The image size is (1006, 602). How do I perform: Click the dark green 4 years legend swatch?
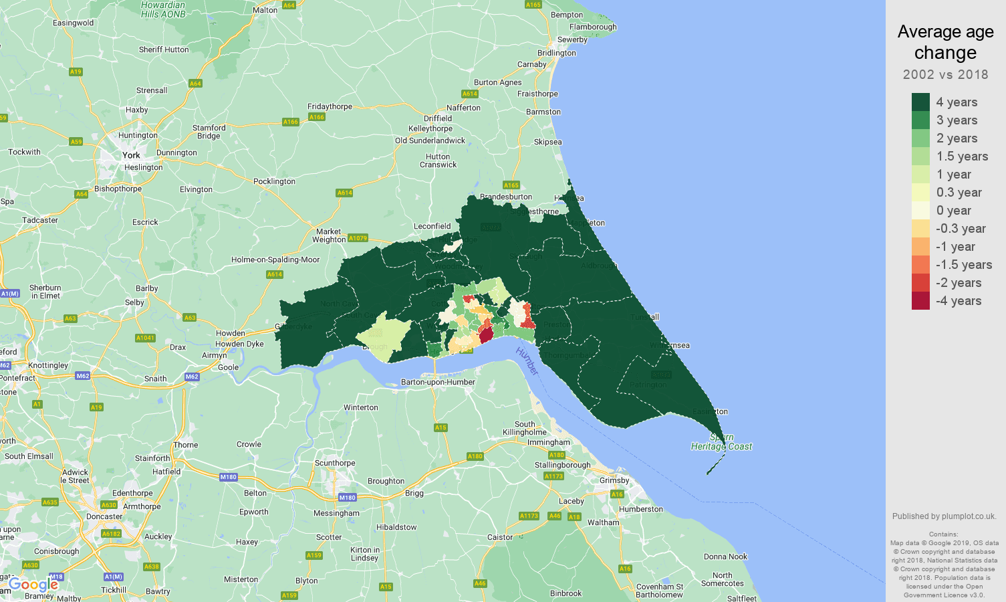(x=920, y=102)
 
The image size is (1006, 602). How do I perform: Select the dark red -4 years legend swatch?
(x=920, y=300)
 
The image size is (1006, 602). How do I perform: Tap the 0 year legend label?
(x=953, y=211)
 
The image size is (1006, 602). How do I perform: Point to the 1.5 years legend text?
(x=962, y=157)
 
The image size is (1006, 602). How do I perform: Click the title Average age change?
(x=945, y=42)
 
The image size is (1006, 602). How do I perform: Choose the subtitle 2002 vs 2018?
(x=945, y=74)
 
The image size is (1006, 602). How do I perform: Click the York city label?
(x=131, y=155)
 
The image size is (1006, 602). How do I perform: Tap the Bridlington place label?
(x=556, y=53)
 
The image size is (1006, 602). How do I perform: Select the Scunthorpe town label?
(x=335, y=463)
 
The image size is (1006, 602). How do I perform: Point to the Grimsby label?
(x=614, y=480)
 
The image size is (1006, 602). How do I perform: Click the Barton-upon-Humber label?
(x=438, y=382)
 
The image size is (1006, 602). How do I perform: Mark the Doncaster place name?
(x=104, y=516)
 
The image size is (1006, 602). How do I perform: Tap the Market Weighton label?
(x=329, y=235)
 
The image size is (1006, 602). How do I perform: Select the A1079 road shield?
(x=358, y=238)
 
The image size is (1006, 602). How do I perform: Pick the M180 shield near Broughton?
(x=347, y=498)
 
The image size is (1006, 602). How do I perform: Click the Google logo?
(x=33, y=585)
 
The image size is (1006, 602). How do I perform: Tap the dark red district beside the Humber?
(x=486, y=334)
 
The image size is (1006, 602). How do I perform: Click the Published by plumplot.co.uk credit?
(x=944, y=516)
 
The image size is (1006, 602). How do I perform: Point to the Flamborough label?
(x=593, y=27)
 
